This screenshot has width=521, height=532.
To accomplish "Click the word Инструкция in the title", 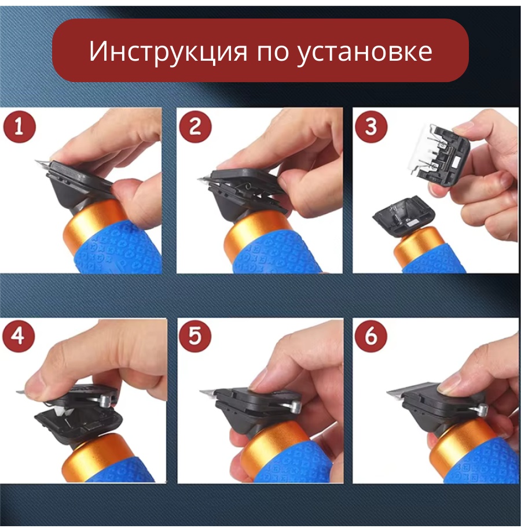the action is point(168,52).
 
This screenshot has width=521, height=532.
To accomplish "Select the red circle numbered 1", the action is point(19,127).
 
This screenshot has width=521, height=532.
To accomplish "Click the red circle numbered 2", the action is point(195,127).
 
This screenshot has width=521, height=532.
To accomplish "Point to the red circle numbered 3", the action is point(371,127).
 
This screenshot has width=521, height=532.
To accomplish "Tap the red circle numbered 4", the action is point(19,337).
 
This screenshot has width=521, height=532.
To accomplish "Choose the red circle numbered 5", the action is point(195,336).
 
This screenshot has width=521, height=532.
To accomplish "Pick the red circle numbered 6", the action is point(371,336).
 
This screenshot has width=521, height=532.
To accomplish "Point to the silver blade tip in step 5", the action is point(208,393).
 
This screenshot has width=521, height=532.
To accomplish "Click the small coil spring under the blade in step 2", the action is point(248,186).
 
